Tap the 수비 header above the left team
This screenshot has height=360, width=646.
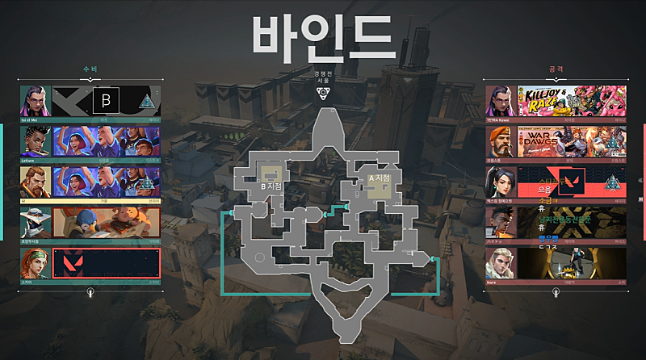pos(90,70)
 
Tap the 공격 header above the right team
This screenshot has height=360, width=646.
pos(555,70)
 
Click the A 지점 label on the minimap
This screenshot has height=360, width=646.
pos(379,178)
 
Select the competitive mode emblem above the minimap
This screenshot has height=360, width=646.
pos(323,94)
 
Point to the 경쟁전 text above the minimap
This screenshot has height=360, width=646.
pos(323,73)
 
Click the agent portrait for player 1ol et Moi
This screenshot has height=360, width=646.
pos(36,101)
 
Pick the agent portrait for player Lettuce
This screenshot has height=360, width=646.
pos(36,141)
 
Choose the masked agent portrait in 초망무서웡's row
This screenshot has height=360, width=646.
pos(36,223)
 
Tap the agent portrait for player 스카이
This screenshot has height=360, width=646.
pos(36,263)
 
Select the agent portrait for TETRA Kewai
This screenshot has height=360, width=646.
pos(501,101)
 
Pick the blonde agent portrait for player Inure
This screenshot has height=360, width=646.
pos(501,263)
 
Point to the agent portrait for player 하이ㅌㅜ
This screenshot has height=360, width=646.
pos(501,223)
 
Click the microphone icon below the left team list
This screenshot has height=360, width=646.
pos(90,291)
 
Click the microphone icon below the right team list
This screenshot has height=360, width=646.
pos(555,291)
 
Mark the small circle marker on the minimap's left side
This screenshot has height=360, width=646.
pos(260,257)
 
